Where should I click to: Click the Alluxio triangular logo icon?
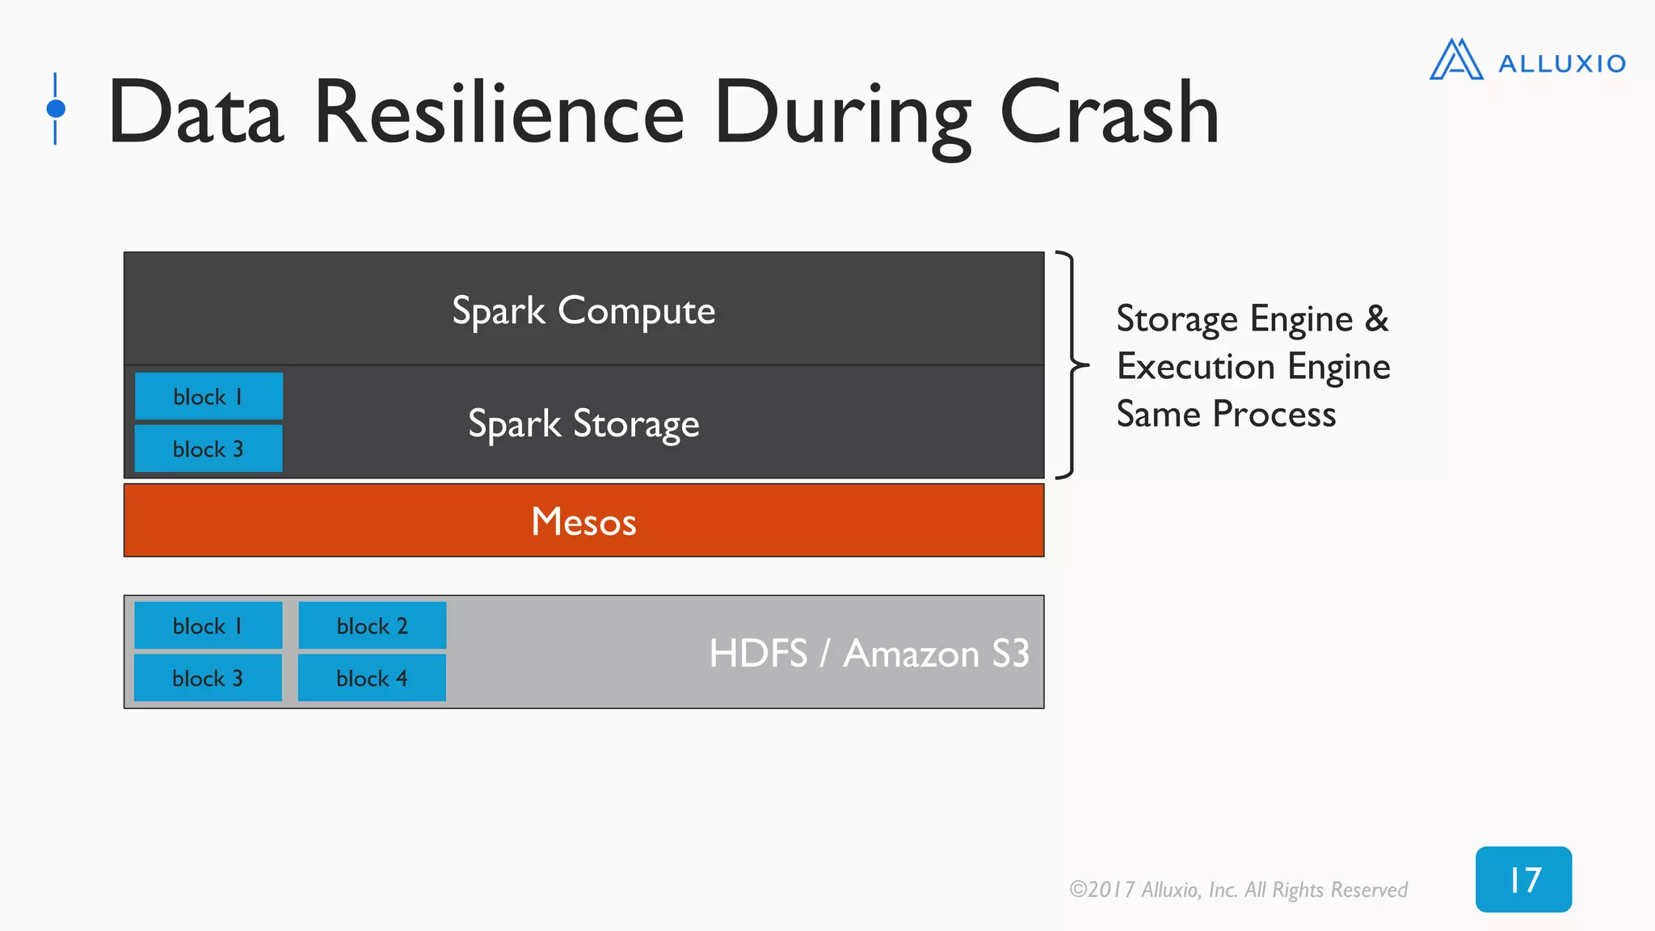(1456, 60)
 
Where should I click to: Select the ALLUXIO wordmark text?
(1561, 64)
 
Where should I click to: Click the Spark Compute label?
(583, 311)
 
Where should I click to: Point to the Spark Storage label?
(583, 424)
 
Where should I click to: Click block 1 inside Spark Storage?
(208, 397)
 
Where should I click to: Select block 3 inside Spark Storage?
(208, 449)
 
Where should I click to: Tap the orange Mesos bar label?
(583, 521)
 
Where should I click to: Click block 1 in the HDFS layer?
(208, 626)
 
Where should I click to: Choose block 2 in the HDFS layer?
(372, 626)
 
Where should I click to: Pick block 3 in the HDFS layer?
(208, 678)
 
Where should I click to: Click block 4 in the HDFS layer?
(372, 678)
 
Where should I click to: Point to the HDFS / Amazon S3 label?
(869, 653)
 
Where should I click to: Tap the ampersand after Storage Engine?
(1377, 318)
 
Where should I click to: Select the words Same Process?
(1226, 415)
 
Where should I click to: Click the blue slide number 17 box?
(1523, 879)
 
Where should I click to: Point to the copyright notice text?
(1238, 890)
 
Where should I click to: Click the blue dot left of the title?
(56, 108)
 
